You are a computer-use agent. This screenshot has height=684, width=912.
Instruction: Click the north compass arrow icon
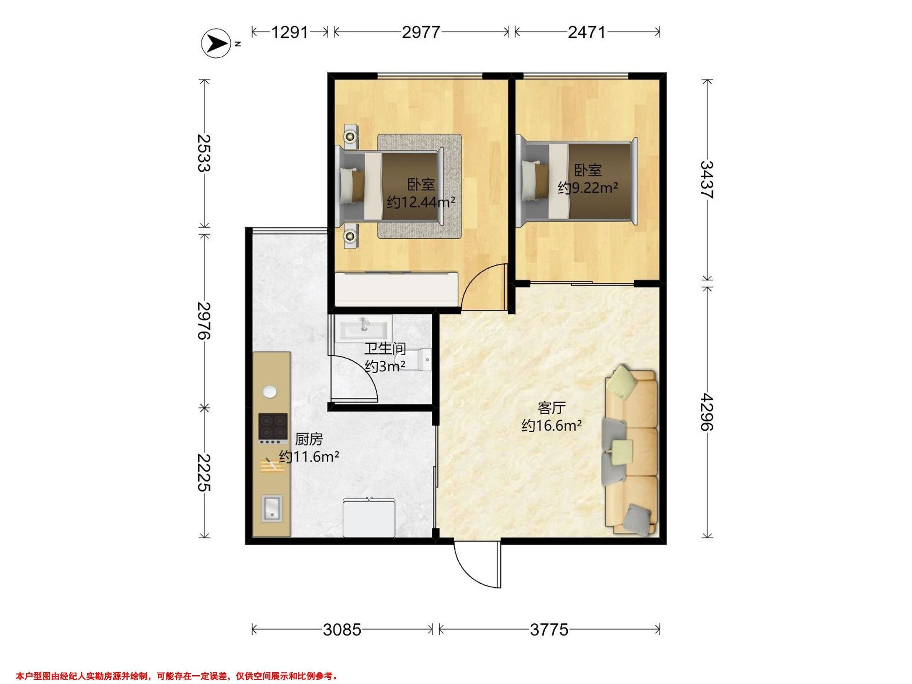pos(215,43)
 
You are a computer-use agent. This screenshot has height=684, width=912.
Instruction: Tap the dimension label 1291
pos(290,32)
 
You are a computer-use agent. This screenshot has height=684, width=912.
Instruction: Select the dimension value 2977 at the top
pos(421,32)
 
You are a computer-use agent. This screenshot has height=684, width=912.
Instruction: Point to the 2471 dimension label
pos(587,32)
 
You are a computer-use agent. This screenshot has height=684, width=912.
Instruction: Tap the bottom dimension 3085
pos(342,630)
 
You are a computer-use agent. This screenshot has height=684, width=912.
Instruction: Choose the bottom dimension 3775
pos(549,630)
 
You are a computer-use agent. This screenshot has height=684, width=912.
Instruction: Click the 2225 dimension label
pos(204,472)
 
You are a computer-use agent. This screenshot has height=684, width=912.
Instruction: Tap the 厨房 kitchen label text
pos(309,440)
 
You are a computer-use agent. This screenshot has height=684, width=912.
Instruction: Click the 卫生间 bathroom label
pos(385,349)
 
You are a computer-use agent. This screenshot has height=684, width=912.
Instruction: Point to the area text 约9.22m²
pos(587,188)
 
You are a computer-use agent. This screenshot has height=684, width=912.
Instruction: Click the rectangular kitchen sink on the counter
pos(272,509)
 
